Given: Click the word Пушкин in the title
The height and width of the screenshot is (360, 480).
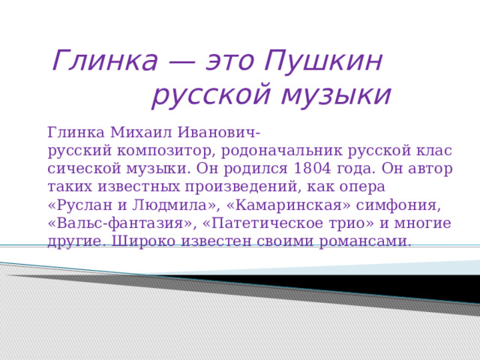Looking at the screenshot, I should pyautogui.click(x=325, y=61).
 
